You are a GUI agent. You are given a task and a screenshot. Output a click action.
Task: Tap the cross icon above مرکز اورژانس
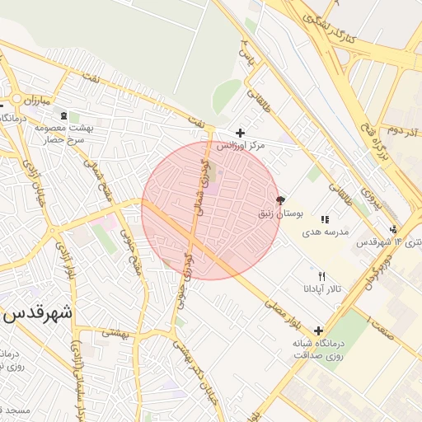click(x=240, y=133)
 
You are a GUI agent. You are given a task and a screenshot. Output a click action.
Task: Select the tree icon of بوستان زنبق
click(x=280, y=200)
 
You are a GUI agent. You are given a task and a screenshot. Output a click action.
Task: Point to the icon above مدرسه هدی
click(x=325, y=220)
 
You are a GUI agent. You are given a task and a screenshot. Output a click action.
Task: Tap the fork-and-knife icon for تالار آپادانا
click(x=321, y=277)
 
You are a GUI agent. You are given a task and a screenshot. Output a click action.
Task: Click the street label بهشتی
click(x=116, y=335)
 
